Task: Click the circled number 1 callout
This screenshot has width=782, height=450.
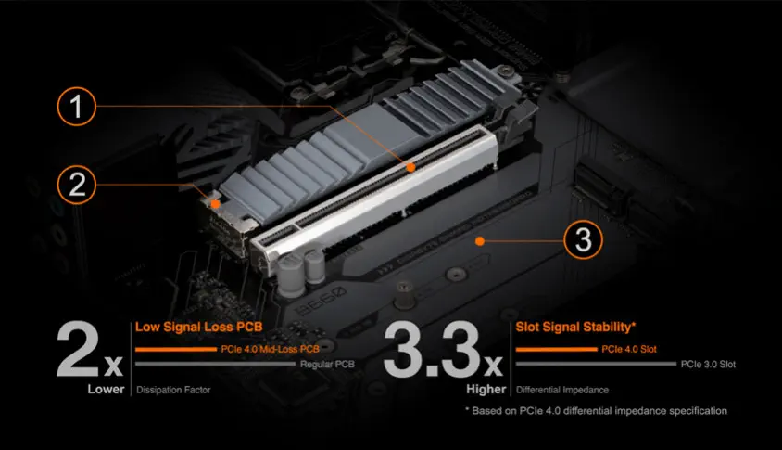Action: [76, 106]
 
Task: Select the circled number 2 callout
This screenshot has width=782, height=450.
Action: [76, 185]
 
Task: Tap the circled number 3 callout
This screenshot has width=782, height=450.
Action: [583, 239]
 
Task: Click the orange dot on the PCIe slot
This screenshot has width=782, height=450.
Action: [410, 168]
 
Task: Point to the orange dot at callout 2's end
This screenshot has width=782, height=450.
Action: [215, 204]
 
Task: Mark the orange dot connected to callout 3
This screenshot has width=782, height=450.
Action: [480, 242]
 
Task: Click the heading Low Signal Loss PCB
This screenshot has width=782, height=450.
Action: [198, 328]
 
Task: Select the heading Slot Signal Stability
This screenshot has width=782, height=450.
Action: [575, 328]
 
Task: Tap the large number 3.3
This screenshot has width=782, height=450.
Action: [432, 350]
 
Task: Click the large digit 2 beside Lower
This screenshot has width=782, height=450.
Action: [78, 350]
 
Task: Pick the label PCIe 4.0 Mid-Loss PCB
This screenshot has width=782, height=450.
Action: [270, 349]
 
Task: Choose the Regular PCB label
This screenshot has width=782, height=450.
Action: [327, 365]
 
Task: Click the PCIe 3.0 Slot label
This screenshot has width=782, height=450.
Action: [708, 365]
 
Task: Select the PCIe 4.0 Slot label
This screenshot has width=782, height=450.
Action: [629, 349]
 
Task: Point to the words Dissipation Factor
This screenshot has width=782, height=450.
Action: [173, 390]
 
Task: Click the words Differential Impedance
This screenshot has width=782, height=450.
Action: [562, 390]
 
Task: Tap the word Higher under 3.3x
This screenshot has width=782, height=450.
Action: [486, 389]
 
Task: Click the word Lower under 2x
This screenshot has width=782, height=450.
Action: [106, 389]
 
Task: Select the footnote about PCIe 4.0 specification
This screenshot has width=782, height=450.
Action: [597, 411]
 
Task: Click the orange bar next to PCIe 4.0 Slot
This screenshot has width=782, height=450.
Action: [557, 349]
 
